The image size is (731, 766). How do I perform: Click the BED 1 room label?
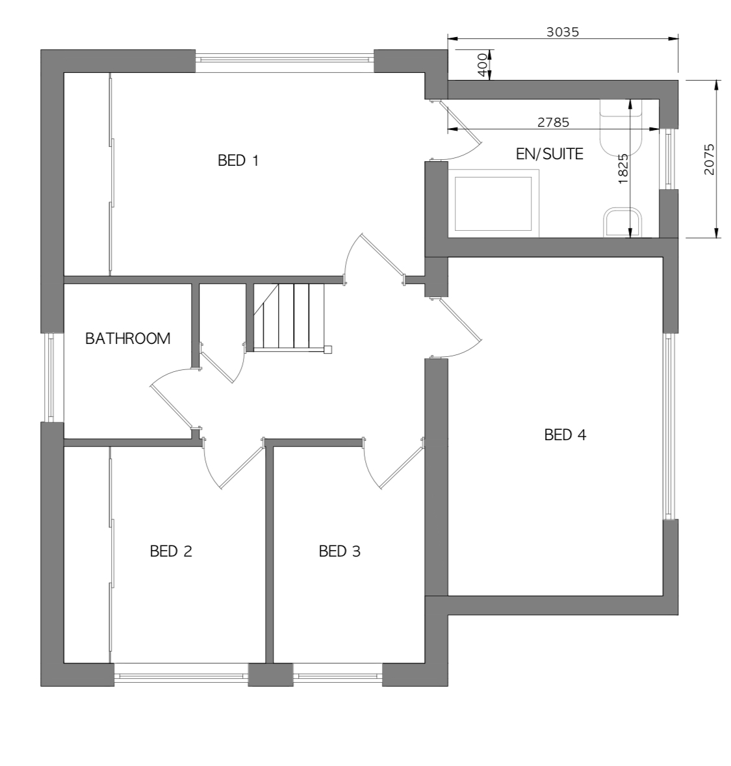[238, 160]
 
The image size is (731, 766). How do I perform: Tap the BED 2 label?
[171, 551]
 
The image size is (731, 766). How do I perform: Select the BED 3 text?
[339, 551]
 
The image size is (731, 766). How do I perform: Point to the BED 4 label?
[565, 434]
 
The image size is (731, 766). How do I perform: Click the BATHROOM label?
[128, 338]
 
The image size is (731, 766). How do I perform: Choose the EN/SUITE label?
[549, 154]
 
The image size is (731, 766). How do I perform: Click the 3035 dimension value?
[563, 32]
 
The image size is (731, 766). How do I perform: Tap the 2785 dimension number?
[553, 122]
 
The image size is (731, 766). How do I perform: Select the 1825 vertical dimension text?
[623, 168]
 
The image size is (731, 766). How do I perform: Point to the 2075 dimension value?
[709, 159]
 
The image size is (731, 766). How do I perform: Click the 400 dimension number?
[482, 64]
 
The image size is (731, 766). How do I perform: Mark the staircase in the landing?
[289, 317]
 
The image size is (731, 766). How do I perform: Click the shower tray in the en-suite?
[493, 204]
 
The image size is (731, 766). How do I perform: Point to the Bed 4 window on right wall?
[670, 426]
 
